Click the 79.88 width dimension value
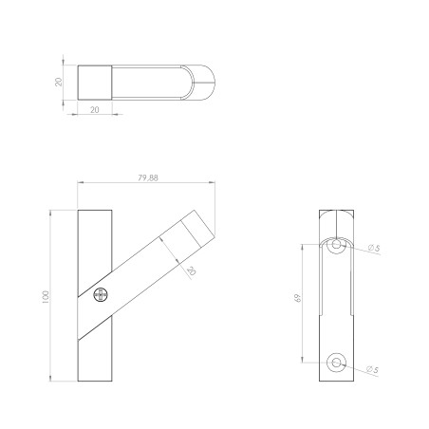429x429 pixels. pyautogui.click(x=148, y=177)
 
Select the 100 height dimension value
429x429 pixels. pyautogui.click(x=46, y=297)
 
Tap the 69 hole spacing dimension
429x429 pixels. pyautogui.click(x=298, y=298)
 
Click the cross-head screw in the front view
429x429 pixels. pyautogui.click(x=101, y=295)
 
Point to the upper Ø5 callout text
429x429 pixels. pyautogui.click(x=374, y=249)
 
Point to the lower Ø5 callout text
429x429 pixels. pyautogui.click(x=372, y=369)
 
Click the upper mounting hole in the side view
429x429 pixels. pyautogui.click(x=336, y=245)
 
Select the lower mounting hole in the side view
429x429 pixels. pyautogui.click(x=336, y=363)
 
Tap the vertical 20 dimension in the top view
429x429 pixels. pyautogui.click(x=58, y=82)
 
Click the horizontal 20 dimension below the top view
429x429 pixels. pyautogui.click(x=95, y=110)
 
